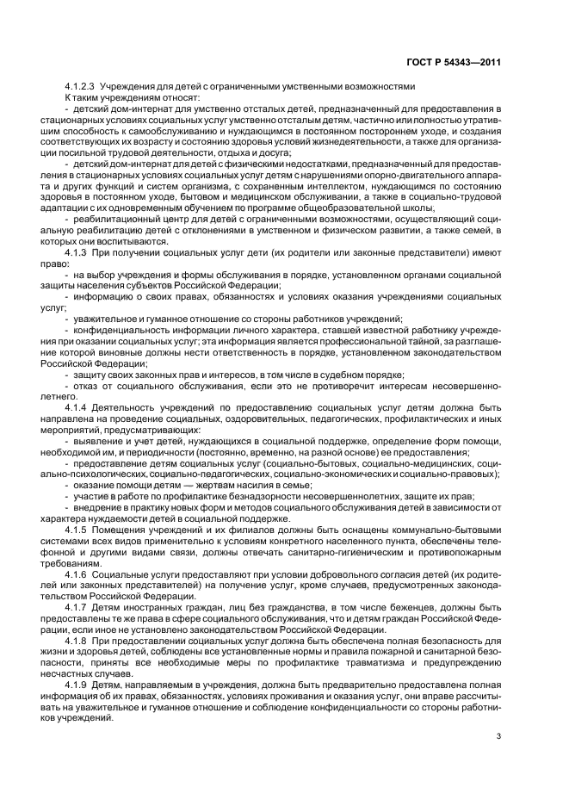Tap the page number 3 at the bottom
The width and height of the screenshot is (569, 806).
[x=498, y=736]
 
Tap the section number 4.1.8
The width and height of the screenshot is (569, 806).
[x=81, y=644]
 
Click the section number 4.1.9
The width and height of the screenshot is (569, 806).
[x=81, y=685]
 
